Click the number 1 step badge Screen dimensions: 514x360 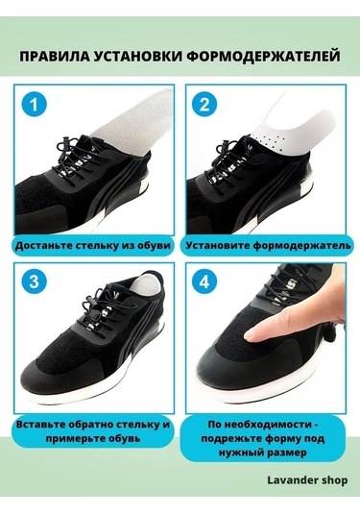click(x=36, y=105)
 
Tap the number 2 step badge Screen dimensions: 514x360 click(x=203, y=105)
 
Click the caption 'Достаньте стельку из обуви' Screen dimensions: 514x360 click(x=94, y=245)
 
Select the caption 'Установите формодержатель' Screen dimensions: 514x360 click(x=261, y=245)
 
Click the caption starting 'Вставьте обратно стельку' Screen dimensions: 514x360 click(x=94, y=431)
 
